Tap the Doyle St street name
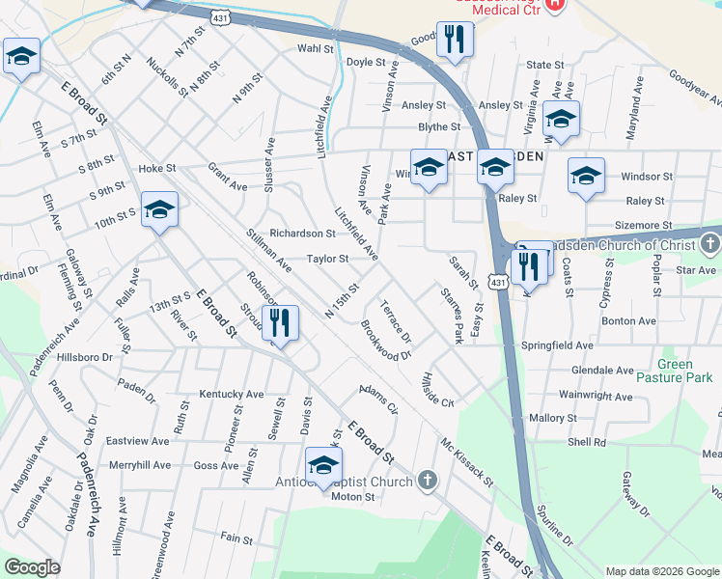(366, 62)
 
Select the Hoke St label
(157, 167)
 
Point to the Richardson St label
(302, 234)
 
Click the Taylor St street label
(327, 259)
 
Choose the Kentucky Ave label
(232, 394)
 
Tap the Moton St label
(352, 497)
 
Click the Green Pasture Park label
(688, 371)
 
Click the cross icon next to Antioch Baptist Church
(427, 481)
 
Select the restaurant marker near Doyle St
(452, 40)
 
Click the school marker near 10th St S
(159, 209)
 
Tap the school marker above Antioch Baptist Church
(323, 466)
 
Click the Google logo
(32, 567)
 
